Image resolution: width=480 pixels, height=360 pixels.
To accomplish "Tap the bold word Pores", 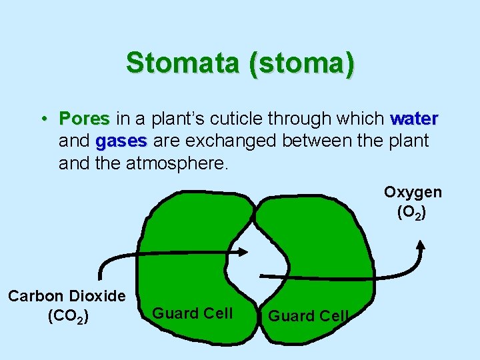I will click(84, 119).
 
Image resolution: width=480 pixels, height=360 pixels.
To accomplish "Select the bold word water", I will click(413, 119).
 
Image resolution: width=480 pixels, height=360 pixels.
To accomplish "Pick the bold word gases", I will click(121, 141).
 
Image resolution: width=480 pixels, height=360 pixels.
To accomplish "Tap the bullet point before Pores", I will click(42, 119).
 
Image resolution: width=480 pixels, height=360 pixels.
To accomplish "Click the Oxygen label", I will click(412, 192).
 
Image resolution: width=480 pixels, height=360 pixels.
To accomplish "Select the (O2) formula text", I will click(412, 213).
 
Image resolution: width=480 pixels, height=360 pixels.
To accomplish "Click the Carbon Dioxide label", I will click(67, 296).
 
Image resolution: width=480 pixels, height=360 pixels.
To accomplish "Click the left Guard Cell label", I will click(193, 313).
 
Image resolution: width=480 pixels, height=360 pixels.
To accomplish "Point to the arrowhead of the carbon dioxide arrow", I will click(243, 252).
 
